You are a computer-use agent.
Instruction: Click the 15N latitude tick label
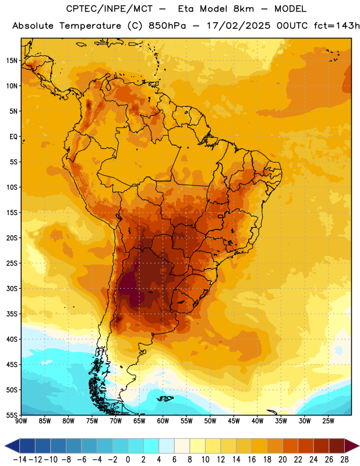pyautogui.click(x=12, y=61)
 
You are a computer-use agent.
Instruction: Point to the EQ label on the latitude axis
pyautogui.click(x=13, y=137)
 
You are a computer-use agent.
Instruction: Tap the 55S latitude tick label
pyautogui.click(x=12, y=415)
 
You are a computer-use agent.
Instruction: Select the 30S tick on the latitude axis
pyautogui.click(x=12, y=288)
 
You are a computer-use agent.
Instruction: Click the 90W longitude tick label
pyautogui.click(x=21, y=421)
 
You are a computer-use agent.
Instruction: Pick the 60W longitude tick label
pyautogui.click(x=163, y=421)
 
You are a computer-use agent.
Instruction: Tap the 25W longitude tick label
pyautogui.click(x=329, y=421)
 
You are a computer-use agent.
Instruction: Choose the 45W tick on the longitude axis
pyautogui.click(x=234, y=421)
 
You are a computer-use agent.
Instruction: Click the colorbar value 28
pyautogui.click(x=344, y=460)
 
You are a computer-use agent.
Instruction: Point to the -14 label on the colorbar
pyautogui.click(x=20, y=460)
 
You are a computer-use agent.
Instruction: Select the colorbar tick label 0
pyautogui.click(x=128, y=460)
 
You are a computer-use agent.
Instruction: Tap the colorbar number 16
pyautogui.click(x=252, y=460)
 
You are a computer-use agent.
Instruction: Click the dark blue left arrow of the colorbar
pyautogui.click(x=12, y=446)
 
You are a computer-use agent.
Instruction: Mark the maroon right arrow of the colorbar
pyautogui.click(x=352, y=446)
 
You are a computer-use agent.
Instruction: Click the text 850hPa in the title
pyautogui.click(x=167, y=26)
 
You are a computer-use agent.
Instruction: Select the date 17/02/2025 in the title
pyautogui.click(x=238, y=26)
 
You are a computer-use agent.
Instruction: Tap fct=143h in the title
pyautogui.click(x=337, y=26)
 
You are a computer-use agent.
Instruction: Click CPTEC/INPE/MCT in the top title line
pyautogui.click(x=109, y=9)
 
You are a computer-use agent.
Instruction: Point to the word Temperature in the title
pyautogui.click(x=90, y=26)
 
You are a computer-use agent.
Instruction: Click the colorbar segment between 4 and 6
pyautogui.click(x=167, y=446)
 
